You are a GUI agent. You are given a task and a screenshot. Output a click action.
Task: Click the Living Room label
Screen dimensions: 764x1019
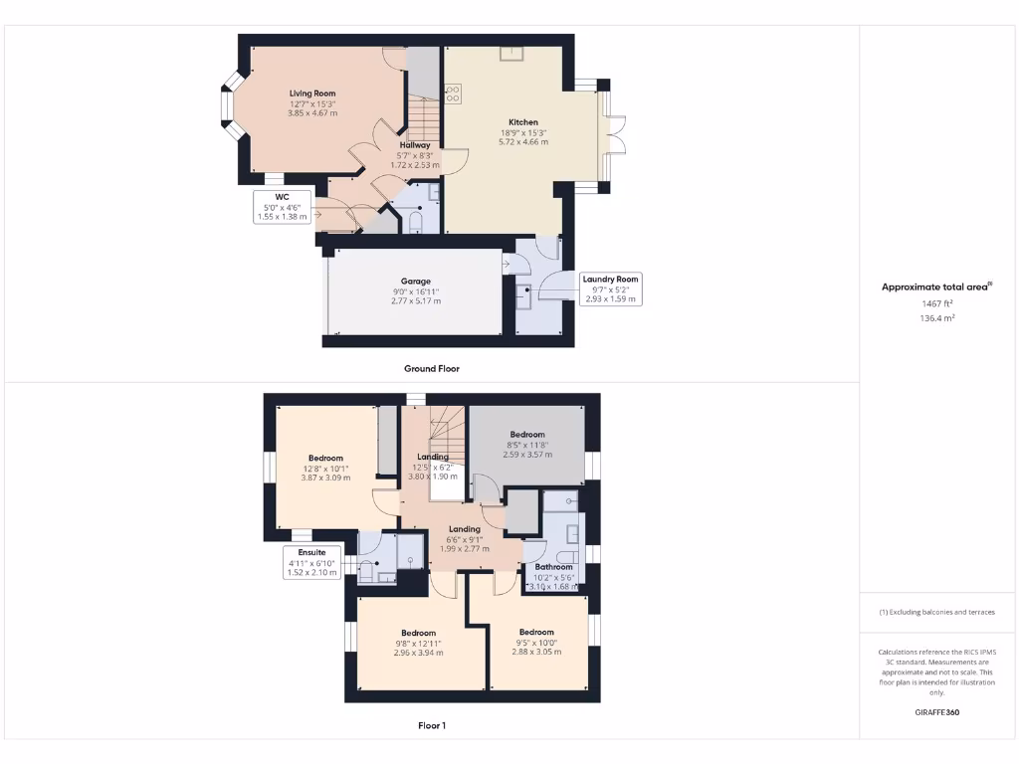[312, 94]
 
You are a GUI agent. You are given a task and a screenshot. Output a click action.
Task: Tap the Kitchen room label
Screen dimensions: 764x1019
[523, 122]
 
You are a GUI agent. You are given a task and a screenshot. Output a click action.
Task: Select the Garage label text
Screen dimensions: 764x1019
[416, 282]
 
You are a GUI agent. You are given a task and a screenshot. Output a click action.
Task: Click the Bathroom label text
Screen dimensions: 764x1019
[554, 567]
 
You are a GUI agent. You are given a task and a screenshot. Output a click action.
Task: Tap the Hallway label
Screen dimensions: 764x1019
[414, 145]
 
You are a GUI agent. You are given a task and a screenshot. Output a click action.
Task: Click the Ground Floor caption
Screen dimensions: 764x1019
[431, 368]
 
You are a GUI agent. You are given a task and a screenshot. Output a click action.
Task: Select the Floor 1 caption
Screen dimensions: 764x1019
[431, 725]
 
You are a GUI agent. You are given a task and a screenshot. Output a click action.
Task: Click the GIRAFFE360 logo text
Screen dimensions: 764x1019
[937, 712]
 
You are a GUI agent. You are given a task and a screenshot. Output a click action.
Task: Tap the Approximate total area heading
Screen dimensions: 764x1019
[937, 286]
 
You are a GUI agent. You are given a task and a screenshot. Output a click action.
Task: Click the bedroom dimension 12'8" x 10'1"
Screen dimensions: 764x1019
[325, 469]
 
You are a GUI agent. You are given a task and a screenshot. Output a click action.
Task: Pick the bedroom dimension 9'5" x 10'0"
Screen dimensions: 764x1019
[535, 643]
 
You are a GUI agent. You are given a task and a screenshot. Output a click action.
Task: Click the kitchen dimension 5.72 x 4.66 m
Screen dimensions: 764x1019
[523, 142]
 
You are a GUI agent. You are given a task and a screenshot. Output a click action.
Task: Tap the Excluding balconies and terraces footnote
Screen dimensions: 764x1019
[937, 612]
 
